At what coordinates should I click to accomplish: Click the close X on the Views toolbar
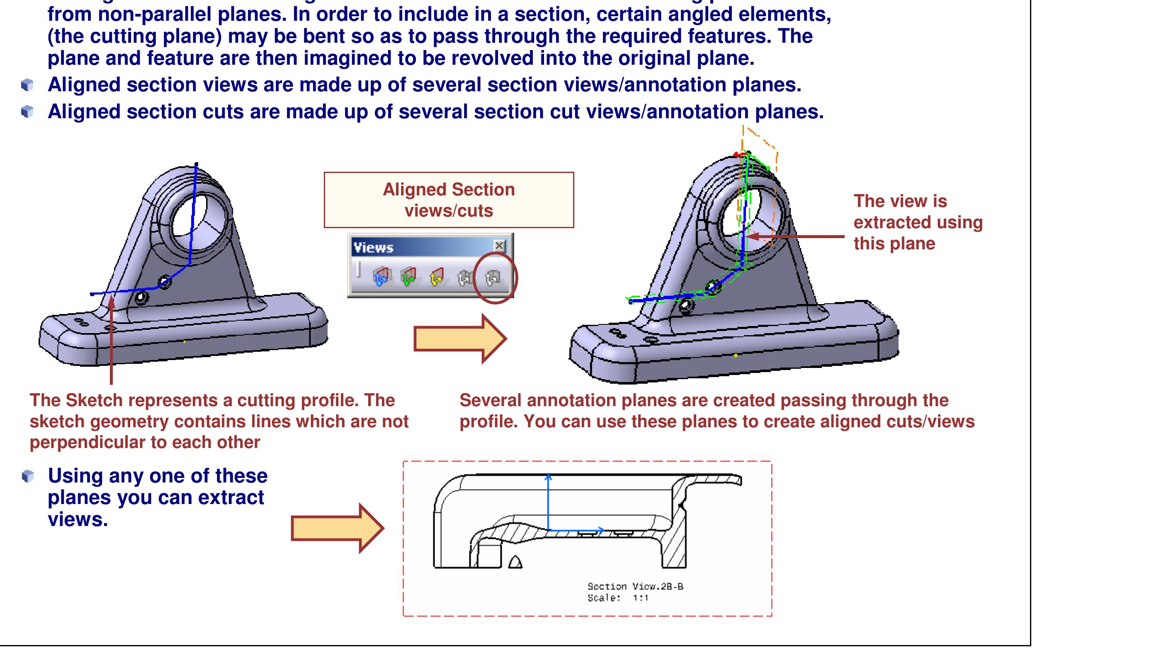[499, 246]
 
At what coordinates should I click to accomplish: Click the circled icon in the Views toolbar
[493, 278]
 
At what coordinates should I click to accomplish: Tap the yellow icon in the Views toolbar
[436, 277]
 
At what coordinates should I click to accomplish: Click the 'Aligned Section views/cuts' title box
[449, 200]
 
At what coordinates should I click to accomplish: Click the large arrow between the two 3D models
[459, 339]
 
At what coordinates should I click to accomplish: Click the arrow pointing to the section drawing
[337, 528]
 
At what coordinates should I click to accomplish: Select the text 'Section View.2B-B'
[635, 587]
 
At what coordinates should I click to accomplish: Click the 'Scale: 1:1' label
[618, 598]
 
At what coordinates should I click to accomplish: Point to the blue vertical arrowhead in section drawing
[549, 477]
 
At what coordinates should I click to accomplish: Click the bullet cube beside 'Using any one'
[28, 476]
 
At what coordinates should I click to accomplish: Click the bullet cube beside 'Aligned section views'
[27, 85]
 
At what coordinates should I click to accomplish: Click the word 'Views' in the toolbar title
[373, 248]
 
